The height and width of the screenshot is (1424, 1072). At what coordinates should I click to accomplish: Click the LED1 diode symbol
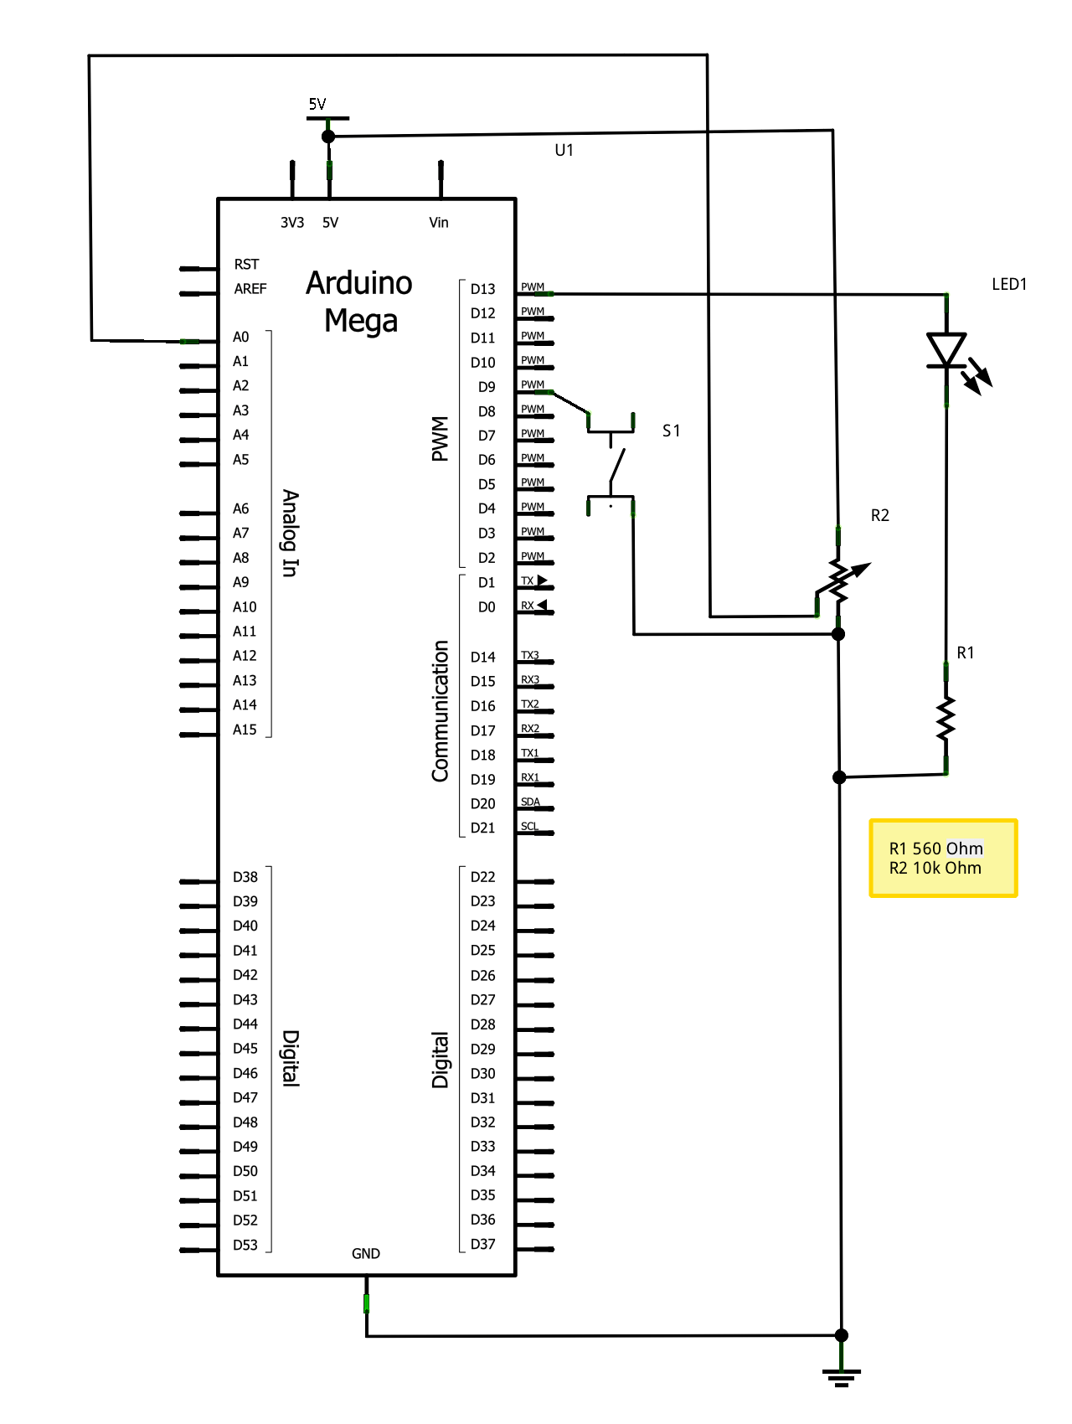click(x=947, y=350)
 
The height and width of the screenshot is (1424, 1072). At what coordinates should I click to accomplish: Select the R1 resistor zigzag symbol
click(x=946, y=719)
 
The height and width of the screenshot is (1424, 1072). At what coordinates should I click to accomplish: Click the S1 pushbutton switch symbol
click(x=611, y=463)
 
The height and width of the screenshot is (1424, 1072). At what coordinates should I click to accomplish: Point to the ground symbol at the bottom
click(x=842, y=1376)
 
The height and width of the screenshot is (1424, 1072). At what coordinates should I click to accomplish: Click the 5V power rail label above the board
click(x=317, y=105)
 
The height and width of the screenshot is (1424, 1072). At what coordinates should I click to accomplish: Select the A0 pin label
click(x=240, y=338)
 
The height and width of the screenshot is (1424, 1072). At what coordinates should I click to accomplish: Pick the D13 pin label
click(x=482, y=289)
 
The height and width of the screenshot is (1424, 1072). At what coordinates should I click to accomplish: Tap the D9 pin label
click(x=487, y=387)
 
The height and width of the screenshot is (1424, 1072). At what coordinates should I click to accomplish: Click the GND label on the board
click(x=366, y=1254)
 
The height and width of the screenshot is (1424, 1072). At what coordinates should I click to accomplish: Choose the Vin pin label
click(x=439, y=223)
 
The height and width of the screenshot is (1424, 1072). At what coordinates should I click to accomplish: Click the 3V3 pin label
click(x=292, y=223)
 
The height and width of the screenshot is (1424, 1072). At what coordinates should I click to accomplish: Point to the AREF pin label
click(x=250, y=289)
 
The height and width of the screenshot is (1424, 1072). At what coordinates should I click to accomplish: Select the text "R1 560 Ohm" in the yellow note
click(x=936, y=849)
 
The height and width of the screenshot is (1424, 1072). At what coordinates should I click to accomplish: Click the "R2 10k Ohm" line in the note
click(x=935, y=869)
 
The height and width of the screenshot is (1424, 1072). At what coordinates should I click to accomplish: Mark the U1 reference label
click(x=564, y=150)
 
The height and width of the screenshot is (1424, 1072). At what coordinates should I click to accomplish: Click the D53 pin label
click(x=245, y=1246)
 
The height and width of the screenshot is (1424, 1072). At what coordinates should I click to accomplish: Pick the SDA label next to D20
click(x=530, y=802)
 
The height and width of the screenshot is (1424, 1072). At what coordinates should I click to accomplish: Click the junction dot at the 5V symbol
click(x=328, y=137)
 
